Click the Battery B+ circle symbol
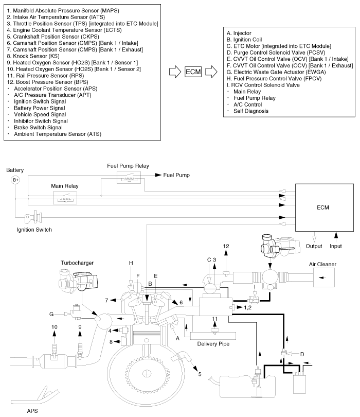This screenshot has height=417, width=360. pos(16,180)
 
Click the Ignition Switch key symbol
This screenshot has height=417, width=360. pos(37,216)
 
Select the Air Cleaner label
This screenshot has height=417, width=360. pos(322,264)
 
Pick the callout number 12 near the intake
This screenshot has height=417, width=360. pos(226,247)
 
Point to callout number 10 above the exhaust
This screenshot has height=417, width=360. pos(53,327)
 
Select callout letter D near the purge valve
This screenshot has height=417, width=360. pos(302,355)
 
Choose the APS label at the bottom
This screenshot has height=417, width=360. pos(32,411)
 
